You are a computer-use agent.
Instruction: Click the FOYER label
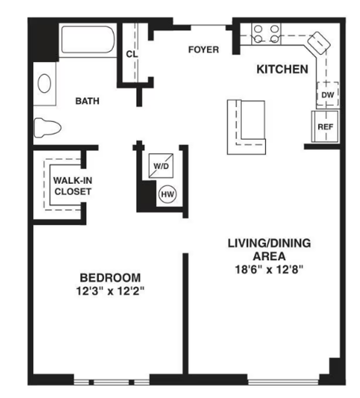tap(204, 50)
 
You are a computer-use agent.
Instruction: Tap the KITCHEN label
tap(282, 69)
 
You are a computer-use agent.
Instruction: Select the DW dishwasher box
tap(328, 95)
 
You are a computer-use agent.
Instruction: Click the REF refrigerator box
tap(325, 127)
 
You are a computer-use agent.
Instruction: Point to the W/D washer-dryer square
tap(161, 166)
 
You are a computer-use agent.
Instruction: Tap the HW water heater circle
tap(167, 194)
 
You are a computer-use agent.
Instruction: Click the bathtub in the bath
tap(88, 39)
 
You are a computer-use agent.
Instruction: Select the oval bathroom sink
tap(44, 83)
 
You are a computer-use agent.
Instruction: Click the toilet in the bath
tap(47, 128)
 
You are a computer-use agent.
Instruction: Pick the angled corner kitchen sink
tap(319, 42)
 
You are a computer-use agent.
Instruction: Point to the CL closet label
tap(131, 54)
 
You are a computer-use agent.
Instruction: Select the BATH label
tap(87, 101)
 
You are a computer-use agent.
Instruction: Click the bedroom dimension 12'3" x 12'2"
tap(110, 291)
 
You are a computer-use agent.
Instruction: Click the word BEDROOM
tap(110, 277)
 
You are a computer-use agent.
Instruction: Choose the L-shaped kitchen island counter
tap(246, 127)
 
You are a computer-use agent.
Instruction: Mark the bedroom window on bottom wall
tap(111, 382)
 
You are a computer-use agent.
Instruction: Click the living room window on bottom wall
tap(283, 382)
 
